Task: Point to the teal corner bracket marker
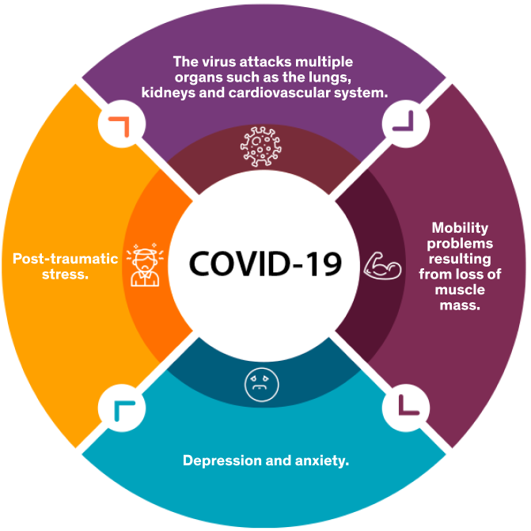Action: click(x=123, y=408)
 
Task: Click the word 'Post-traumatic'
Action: click(x=66, y=259)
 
